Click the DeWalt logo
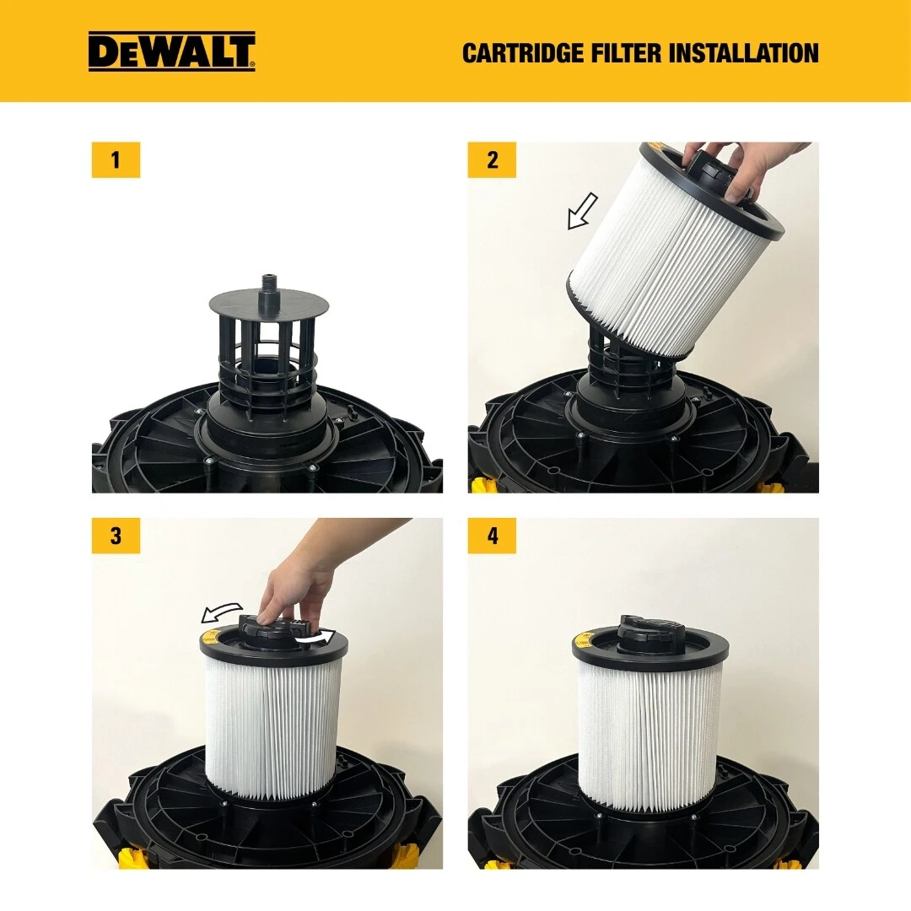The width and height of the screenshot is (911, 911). pyautogui.click(x=171, y=51)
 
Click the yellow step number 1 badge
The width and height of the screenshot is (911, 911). pyautogui.click(x=116, y=160)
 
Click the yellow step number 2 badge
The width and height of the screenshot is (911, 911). pyautogui.click(x=492, y=160)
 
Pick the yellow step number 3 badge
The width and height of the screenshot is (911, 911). pyautogui.click(x=116, y=536)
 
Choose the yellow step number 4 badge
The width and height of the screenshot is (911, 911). pyautogui.click(x=492, y=536)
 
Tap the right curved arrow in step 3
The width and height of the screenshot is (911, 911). pyautogui.click(x=317, y=638)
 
